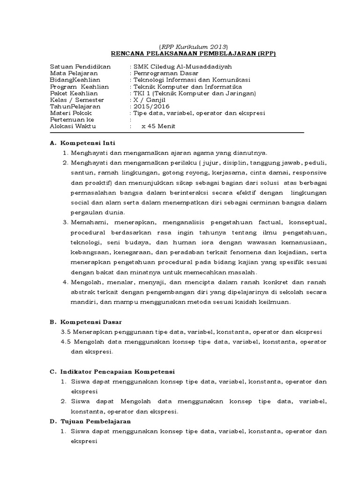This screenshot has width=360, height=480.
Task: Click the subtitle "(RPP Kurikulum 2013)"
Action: (x=193, y=47)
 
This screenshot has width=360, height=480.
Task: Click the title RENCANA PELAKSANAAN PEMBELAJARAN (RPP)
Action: (x=193, y=54)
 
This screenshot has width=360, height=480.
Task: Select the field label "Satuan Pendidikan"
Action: (x=80, y=67)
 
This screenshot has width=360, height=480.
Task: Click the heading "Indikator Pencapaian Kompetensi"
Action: (x=117, y=371)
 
